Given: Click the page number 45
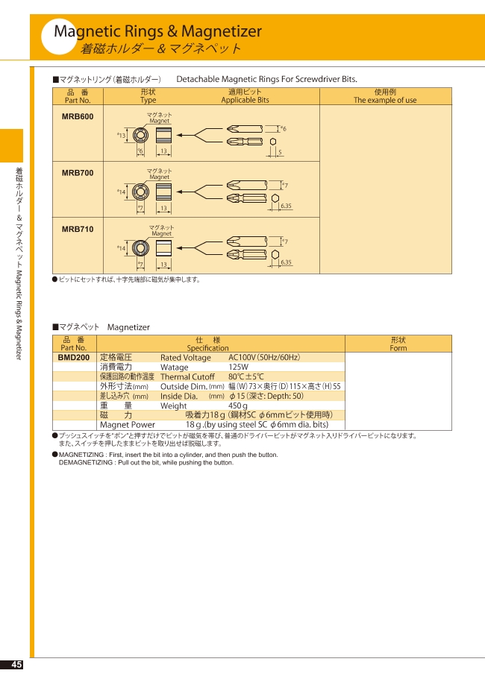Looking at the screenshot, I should (16, 664).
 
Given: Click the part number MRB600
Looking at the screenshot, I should (78, 116).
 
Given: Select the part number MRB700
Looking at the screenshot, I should (78, 173).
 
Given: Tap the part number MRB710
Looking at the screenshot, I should (78, 230).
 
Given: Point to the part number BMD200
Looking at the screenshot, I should (74, 358).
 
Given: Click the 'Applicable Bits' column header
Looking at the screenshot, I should (245, 100).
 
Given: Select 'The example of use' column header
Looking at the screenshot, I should (385, 100).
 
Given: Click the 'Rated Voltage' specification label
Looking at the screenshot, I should (186, 358).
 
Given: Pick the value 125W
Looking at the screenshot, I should (239, 367).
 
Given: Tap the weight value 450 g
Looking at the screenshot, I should (238, 405).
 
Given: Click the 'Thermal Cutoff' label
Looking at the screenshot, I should (187, 377).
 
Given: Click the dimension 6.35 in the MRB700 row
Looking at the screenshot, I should (286, 206).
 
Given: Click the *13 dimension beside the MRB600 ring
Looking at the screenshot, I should (121, 135).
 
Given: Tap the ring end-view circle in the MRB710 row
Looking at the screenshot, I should (140, 248).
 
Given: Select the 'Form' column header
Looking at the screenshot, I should (398, 348).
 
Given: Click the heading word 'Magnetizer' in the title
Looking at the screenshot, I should (222, 31).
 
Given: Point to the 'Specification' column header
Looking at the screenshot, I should (207, 348).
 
